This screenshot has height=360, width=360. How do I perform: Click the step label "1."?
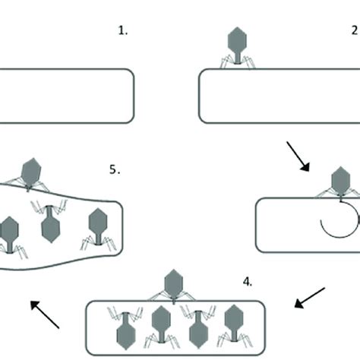click(122, 31)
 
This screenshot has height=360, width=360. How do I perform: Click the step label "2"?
click(354, 31)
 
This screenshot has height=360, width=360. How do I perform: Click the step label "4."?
click(248, 281)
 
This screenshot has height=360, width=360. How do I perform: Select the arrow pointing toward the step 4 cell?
click(310, 298)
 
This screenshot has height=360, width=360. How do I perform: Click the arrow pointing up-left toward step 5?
click(46, 314)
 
